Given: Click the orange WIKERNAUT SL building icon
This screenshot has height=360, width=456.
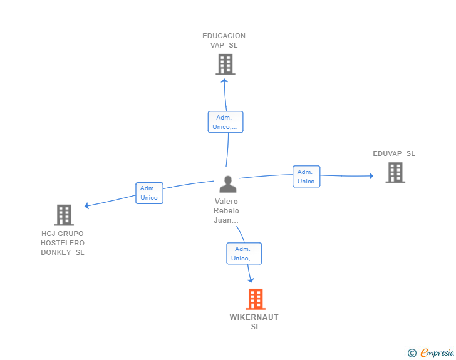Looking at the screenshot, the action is click(256, 299).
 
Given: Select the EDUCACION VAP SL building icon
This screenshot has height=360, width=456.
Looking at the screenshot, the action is click(225, 64).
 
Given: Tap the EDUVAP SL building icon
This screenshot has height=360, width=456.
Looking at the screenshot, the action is click(395, 173).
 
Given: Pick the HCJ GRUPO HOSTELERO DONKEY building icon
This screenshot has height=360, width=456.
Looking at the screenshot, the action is click(64, 215).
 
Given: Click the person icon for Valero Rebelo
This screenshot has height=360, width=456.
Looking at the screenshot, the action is click(228, 184).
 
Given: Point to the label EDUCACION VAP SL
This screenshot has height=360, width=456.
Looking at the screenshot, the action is click(224, 41).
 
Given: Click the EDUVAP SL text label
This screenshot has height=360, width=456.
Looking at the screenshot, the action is click(394, 153).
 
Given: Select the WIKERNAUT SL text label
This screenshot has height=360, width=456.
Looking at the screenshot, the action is click(254, 322).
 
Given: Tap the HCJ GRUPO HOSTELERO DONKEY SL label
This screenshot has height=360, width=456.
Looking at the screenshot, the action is click(63, 243).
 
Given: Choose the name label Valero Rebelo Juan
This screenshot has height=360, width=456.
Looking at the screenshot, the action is click(226, 211).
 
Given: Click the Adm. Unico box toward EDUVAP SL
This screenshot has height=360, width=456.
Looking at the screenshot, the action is click(306, 177).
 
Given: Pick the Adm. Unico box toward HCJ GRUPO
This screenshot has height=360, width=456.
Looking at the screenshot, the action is click(149, 193).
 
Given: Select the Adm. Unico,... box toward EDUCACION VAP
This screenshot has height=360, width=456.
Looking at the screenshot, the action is click(225, 122).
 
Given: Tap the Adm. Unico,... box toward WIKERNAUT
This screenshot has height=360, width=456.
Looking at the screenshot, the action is click(244, 254).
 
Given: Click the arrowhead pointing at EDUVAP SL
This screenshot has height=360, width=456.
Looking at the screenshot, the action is click(371, 176).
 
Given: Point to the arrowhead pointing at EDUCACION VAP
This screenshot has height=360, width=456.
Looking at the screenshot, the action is click(224, 81).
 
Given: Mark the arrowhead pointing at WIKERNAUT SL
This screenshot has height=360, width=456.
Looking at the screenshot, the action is click(251, 280).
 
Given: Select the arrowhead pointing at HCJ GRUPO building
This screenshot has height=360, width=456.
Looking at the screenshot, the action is click(86, 205).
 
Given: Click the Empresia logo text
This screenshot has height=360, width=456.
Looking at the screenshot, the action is click(437, 353).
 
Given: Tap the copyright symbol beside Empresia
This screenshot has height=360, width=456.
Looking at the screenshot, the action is click(412, 353).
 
